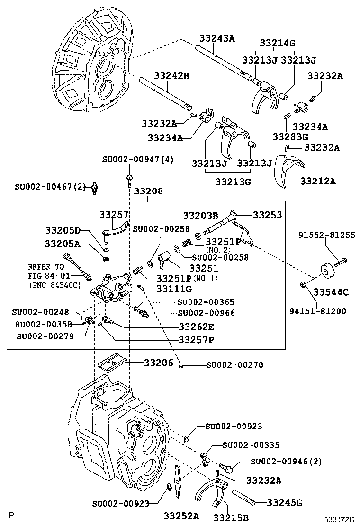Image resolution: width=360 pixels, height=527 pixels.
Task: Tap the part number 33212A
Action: pos(318,181)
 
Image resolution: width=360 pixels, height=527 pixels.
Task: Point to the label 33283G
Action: pos(290,137)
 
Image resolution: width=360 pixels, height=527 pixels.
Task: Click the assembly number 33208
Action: pos(148,191)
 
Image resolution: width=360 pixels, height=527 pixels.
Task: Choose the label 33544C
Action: pos(331,292)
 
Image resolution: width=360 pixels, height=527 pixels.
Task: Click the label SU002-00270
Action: pos(234,365)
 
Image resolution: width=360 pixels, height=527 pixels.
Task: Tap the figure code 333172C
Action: pos(339,519)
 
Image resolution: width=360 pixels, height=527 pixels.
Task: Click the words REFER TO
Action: pos(45,267)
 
